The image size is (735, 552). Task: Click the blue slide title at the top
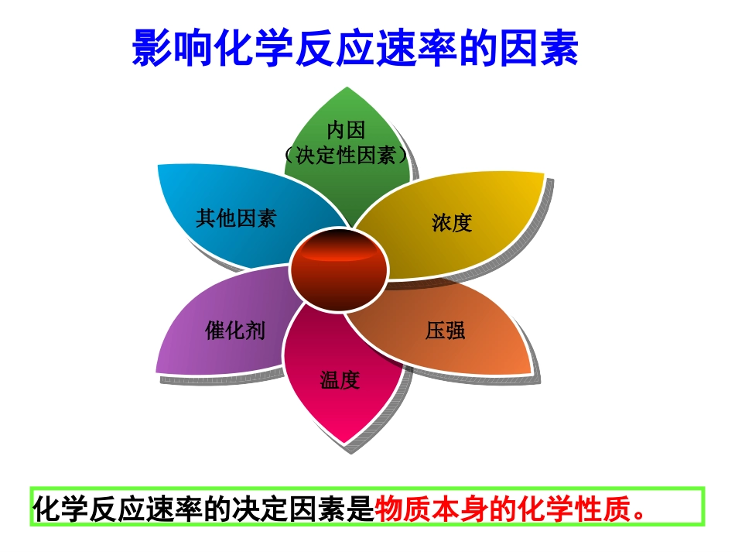[355, 48]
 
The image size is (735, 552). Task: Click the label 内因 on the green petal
[345, 129]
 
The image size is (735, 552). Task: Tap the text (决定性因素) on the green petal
[345, 155]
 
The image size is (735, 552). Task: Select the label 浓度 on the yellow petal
[452, 223]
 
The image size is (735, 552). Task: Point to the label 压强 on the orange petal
[445, 331]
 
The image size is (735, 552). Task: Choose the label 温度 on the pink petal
[340, 380]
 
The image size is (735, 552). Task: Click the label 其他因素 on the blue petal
[236, 218]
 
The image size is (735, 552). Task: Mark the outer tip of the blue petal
[159, 166]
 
